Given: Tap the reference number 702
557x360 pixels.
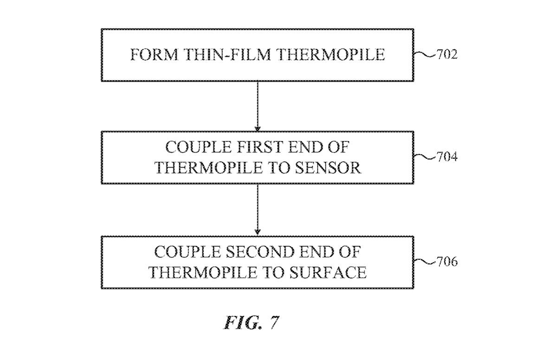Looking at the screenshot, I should [447, 55].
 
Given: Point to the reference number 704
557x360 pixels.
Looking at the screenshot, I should [447, 157].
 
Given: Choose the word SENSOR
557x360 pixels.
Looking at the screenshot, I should [330, 167].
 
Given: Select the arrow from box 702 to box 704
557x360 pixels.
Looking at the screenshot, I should [258, 106].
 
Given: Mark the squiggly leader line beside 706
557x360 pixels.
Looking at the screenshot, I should [424, 263].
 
